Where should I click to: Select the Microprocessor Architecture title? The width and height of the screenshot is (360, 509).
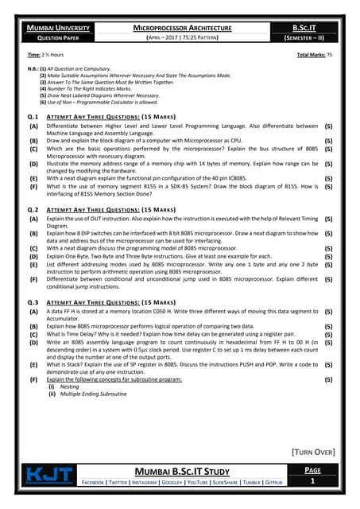pyautogui.click(x=182, y=28)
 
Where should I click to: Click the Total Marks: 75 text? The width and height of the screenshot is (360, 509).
pyautogui.click(x=315, y=55)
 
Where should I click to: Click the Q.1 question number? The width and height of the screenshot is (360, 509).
pyautogui.click(x=33, y=116)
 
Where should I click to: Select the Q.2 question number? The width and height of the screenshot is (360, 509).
pyautogui.click(x=33, y=209)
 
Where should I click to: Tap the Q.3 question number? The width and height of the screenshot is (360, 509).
pyautogui.click(x=33, y=302)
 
